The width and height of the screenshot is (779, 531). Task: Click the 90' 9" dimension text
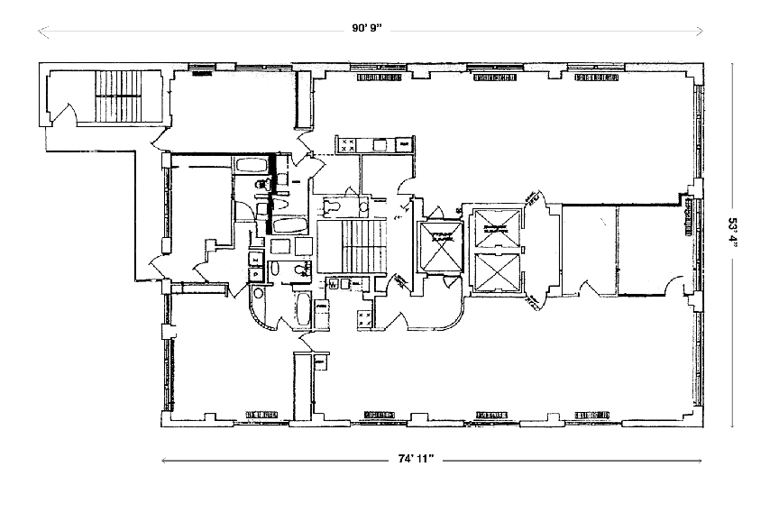tap(367, 28)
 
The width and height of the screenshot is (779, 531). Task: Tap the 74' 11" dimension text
tap(416, 459)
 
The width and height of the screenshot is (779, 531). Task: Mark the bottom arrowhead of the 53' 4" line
tap(731, 422)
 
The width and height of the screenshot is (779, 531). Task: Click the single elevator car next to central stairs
tap(439, 245)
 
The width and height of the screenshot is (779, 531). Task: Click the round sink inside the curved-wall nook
tap(259, 294)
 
